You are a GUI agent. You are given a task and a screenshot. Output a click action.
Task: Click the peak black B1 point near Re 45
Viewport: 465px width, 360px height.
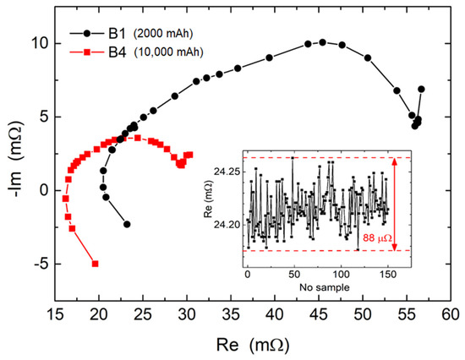(322, 41)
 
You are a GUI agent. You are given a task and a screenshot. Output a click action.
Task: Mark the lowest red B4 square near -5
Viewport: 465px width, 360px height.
(95, 264)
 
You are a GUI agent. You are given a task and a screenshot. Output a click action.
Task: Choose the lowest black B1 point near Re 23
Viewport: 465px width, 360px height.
(127, 225)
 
